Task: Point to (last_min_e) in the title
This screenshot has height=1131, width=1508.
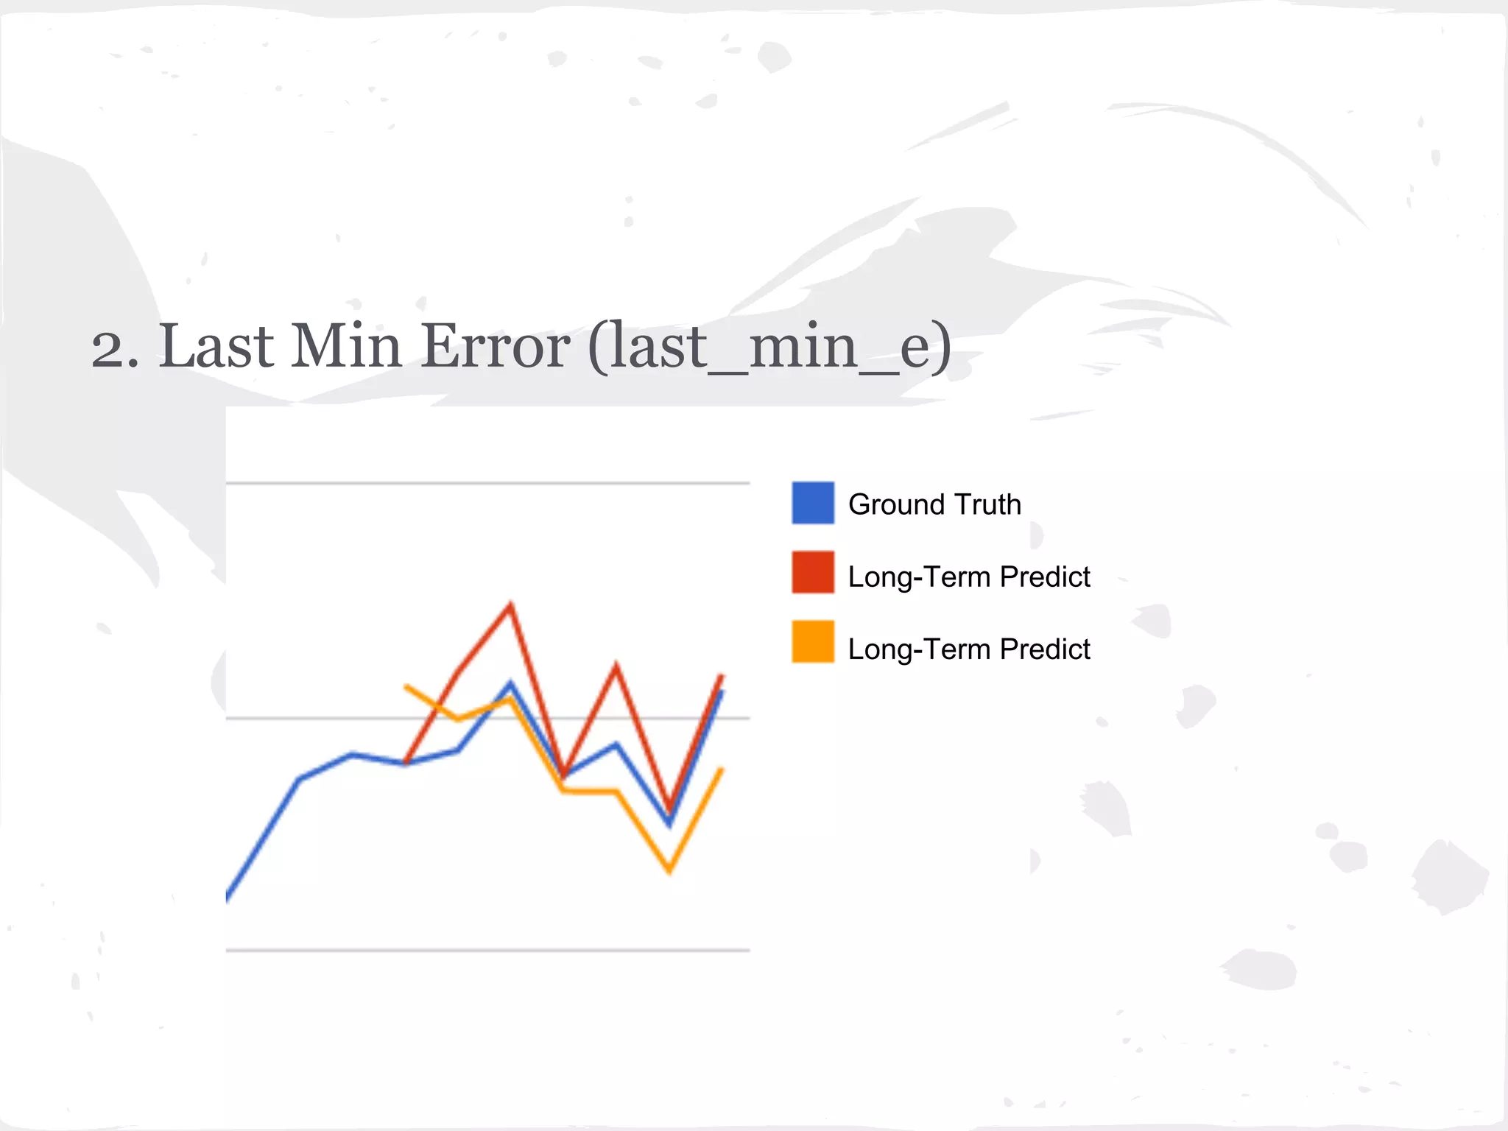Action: [769, 348]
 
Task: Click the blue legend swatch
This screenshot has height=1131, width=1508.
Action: [813, 503]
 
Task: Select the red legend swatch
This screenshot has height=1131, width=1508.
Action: [813, 572]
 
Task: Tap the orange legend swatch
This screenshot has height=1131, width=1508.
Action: [813, 642]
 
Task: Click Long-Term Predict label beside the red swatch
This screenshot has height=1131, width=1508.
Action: [968, 577]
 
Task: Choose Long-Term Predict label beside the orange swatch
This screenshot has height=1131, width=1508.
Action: [968, 649]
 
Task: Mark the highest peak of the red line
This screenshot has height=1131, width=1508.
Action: [510, 605]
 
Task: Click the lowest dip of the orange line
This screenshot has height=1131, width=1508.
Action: [669, 872]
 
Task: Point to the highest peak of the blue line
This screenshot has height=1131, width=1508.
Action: [510, 684]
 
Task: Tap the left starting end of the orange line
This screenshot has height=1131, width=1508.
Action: [406, 686]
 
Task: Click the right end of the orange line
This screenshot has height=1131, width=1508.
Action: [722, 769]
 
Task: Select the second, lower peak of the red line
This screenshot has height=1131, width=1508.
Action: [616, 666]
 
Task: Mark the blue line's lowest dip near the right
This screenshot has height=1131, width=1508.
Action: [669, 824]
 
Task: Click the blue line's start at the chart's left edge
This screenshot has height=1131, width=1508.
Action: [228, 897]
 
